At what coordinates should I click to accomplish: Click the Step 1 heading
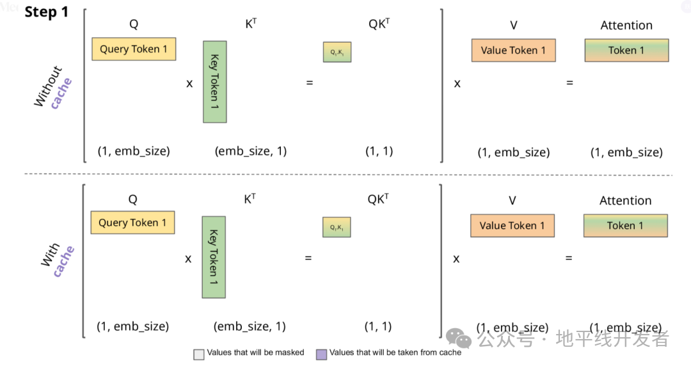pyautogui.click(x=46, y=12)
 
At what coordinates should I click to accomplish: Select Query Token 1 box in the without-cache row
pyautogui.click(x=134, y=49)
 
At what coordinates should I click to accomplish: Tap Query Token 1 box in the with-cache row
pyautogui.click(x=133, y=223)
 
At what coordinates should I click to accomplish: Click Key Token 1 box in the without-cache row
pyautogui.click(x=215, y=82)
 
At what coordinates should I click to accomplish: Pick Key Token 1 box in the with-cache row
pyautogui.click(x=214, y=257)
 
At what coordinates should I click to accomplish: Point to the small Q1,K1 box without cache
pyautogui.click(x=337, y=52)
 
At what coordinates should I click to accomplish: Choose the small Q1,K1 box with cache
pyautogui.click(x=337, y=227)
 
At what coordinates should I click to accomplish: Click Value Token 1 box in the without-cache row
pyautogui.click(x=513, y=51)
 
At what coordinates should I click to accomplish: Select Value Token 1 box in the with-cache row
pyautogui.click(x=512, y=225)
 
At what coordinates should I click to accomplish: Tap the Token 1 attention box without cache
pyautogui.click(x=626, y=51)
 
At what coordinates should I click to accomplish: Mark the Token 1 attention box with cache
pyautogui.click(x=626, y=225)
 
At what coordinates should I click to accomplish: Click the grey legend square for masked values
pyautogui.click(x=199, y=353)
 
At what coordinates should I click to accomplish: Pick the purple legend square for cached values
pyautogui.click(x=321, y=353)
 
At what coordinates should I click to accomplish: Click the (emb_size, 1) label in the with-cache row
pyautogui.click(x=250, y=326)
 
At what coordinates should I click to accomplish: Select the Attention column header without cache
pyautogui.click(x=626, y=26)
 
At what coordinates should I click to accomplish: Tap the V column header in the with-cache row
pyautogui.click(x=512, y=200)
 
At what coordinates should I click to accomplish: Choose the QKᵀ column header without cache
pyautogui.click(x=379, y=24)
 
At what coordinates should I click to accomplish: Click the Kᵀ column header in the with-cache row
pyautogui.click(x=250, y=199)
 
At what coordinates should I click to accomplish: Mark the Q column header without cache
pyautogui.click(x=134, y=25)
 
